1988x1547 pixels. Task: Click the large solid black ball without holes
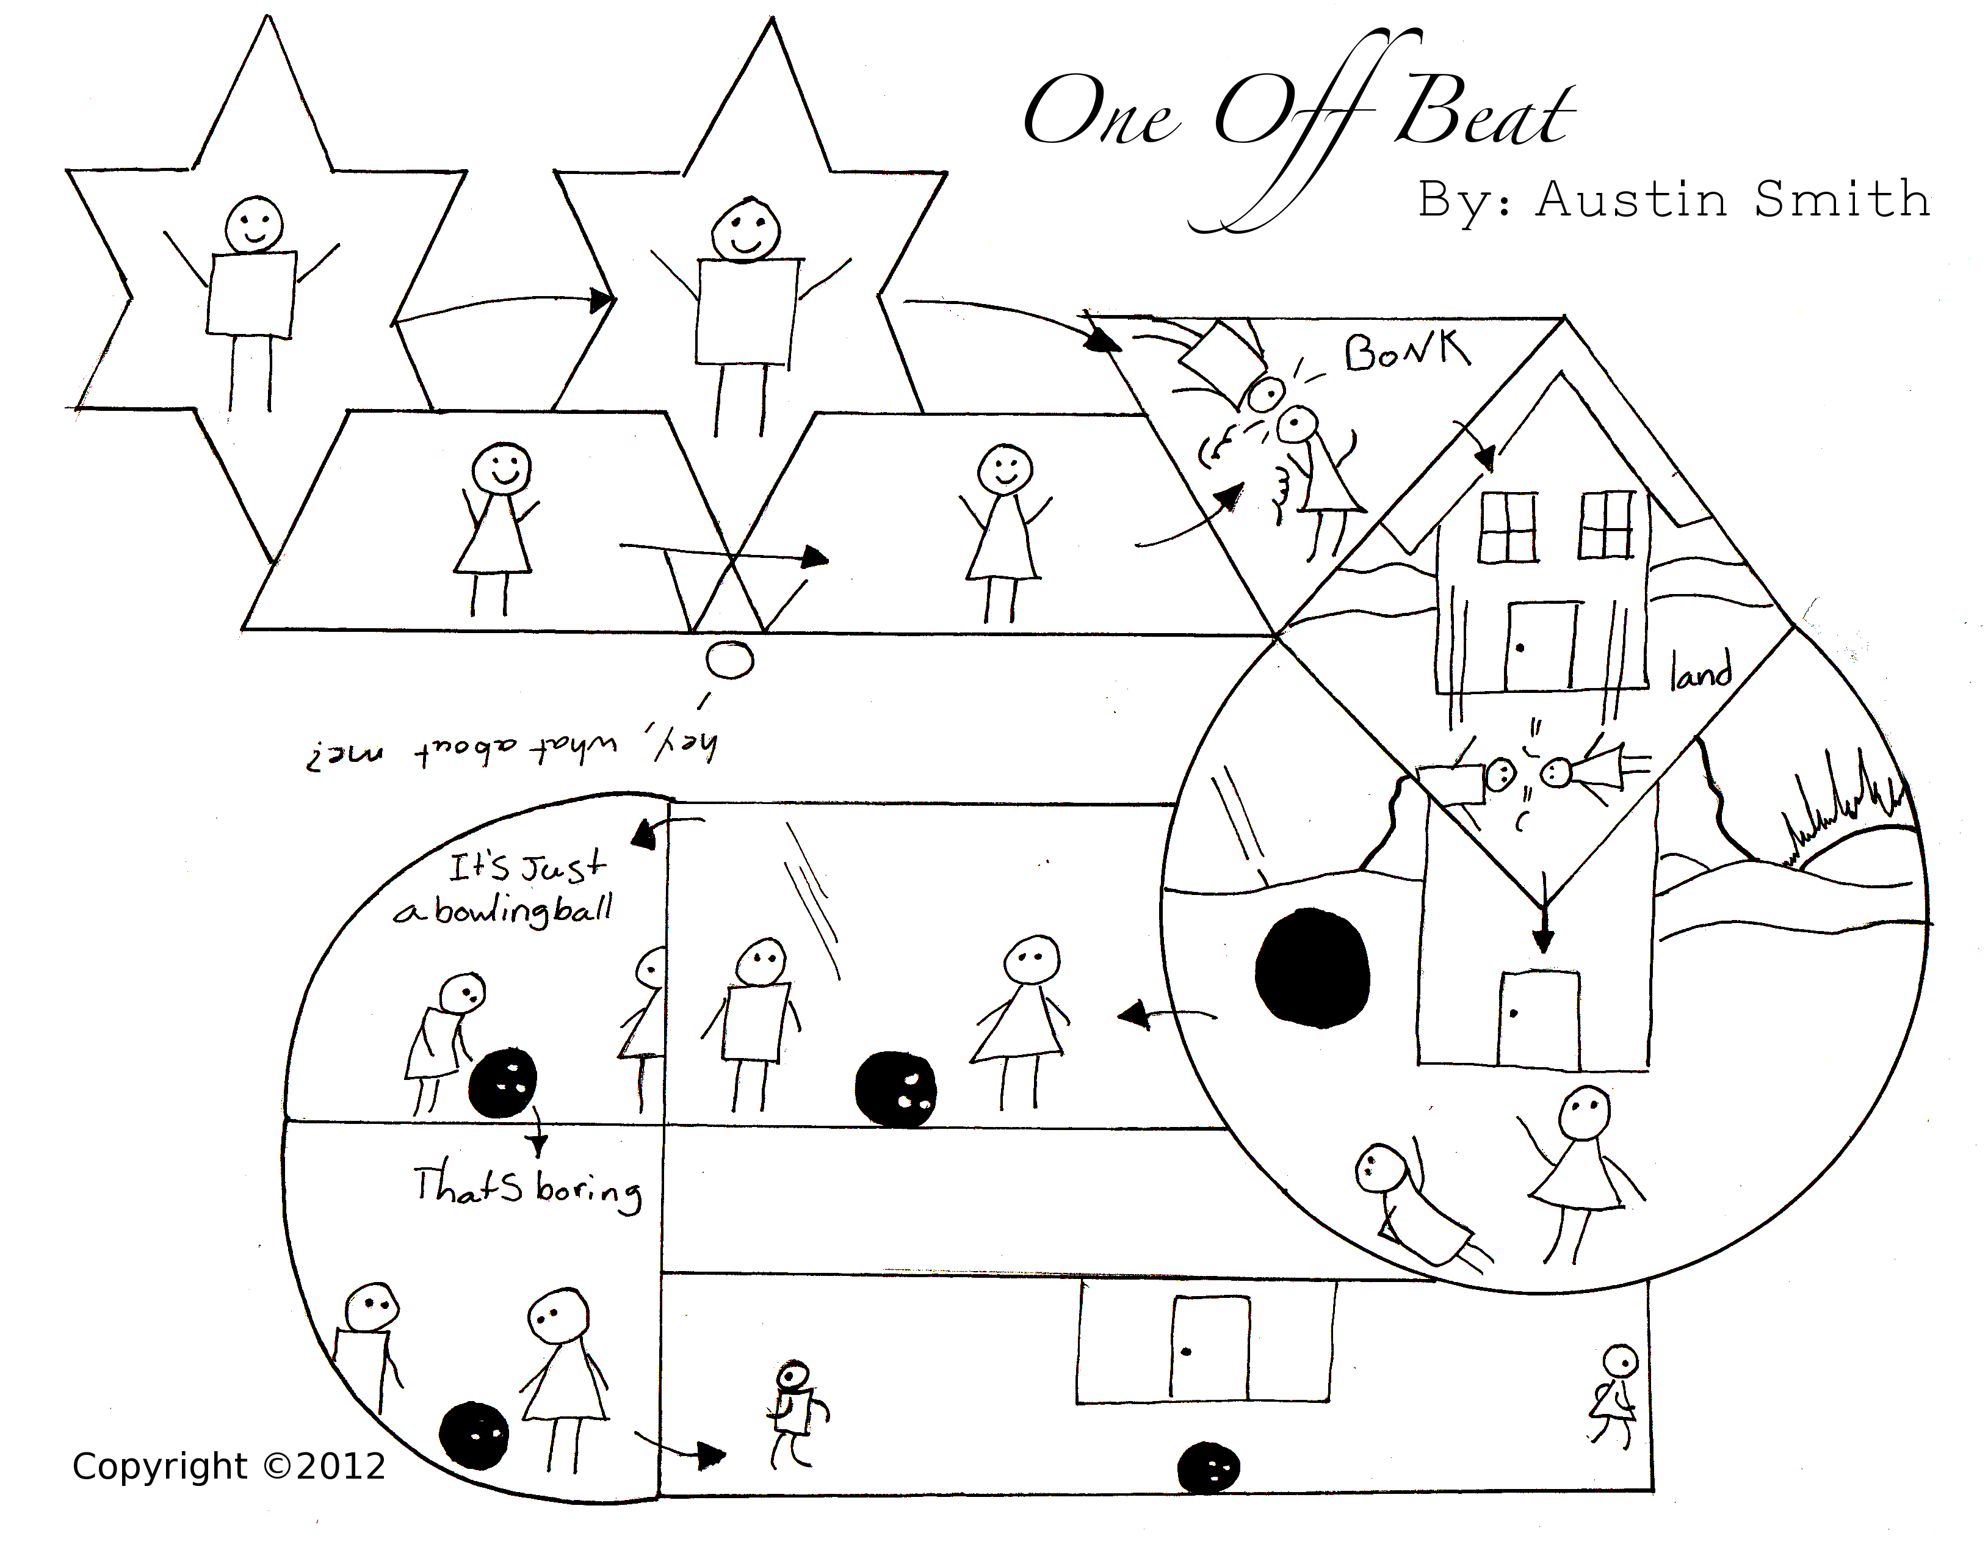[1312, 967]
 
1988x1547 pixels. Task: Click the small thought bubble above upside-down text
[730, 659]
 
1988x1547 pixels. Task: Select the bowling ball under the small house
[1208, 1468]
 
